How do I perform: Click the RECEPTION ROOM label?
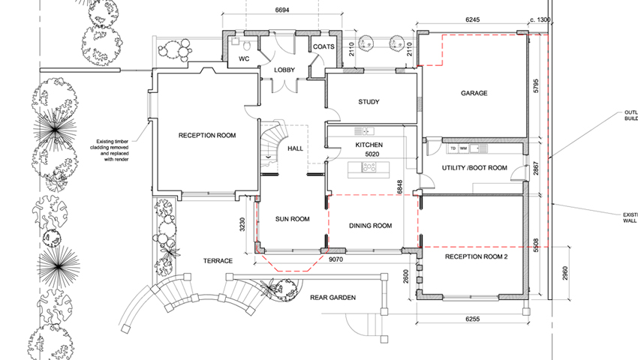point(207,136)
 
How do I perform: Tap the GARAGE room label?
point(474,94)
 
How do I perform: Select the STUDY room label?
point(369,102)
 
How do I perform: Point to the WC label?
point(244,58)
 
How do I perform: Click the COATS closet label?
point(324,46)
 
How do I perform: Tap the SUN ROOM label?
point(292,220)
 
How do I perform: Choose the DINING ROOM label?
point(372,226)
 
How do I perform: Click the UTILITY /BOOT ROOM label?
point(474,168)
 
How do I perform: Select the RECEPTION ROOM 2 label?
point(477,256)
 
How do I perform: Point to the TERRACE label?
point(217,260)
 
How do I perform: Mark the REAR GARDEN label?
point(333,298)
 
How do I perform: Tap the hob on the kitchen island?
point(369,169)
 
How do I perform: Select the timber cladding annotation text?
point(118,149)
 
